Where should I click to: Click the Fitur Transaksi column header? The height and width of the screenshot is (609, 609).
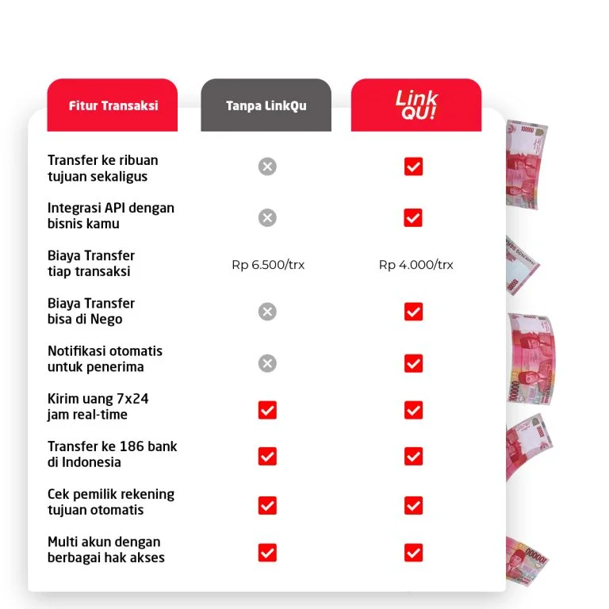(x=113, y=105)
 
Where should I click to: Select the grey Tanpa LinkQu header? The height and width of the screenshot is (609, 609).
(x=266, y=105)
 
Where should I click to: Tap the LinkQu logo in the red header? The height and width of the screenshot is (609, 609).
(x=416, y=105)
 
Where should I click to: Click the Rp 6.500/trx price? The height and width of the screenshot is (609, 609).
(x=268, y=265)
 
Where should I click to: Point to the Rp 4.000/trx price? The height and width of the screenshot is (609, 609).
(x=416, y=265)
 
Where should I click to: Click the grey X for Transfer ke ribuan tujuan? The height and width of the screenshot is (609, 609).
(x=267, y=167)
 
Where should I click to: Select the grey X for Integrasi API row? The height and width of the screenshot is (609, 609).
(x=267, y=217)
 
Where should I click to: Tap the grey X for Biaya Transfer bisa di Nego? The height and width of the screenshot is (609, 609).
(x=267, y=312)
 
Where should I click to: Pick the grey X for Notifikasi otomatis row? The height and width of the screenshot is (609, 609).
(x=267, y=363)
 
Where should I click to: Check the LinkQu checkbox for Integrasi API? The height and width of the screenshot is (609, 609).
(x=413, y=217)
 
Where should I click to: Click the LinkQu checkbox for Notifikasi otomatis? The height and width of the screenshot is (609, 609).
(x=413, y=363)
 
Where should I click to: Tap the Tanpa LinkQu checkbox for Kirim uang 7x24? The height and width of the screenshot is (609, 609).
(x=267, y=410)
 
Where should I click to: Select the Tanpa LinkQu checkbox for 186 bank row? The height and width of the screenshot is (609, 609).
(x=267, y=456)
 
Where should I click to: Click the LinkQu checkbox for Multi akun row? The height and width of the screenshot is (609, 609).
(x=413, y=553)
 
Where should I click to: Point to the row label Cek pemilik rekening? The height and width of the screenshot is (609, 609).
(x=110, y=502)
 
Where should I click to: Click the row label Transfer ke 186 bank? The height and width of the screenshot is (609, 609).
(x=112, y=454)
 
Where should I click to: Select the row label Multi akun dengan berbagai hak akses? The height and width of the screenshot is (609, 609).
(x=105, y=550)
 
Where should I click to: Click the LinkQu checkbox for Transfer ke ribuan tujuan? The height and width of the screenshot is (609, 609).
(x=413, y=167)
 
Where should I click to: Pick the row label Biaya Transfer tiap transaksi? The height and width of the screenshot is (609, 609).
(x=90, y=263)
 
